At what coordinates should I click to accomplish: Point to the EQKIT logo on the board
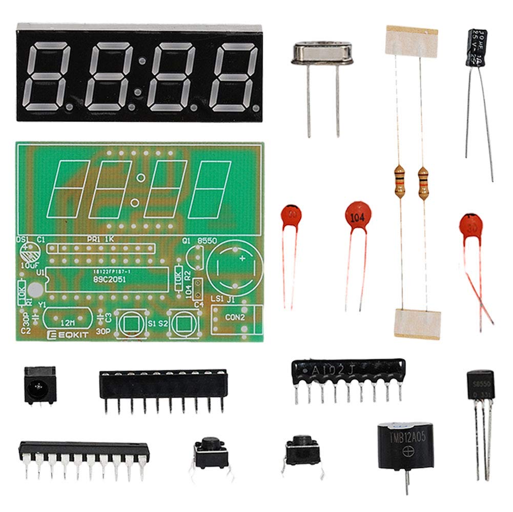coord(60,335)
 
